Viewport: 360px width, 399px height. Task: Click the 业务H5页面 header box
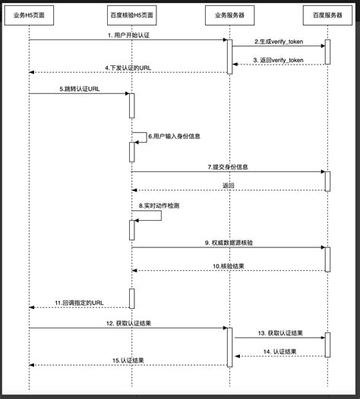29,14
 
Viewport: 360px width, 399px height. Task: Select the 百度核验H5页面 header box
131,14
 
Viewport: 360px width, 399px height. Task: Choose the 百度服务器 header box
328,14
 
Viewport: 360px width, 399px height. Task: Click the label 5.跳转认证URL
80,89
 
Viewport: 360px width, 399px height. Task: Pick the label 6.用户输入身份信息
174,136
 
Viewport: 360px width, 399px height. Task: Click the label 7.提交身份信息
229,166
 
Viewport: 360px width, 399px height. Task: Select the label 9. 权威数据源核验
229,242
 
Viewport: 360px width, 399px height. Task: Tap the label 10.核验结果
229,266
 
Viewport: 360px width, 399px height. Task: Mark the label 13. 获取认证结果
280,333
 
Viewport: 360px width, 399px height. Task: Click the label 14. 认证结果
280,351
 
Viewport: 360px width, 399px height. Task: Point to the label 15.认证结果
128,360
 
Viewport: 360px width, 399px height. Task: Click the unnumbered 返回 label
229,185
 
